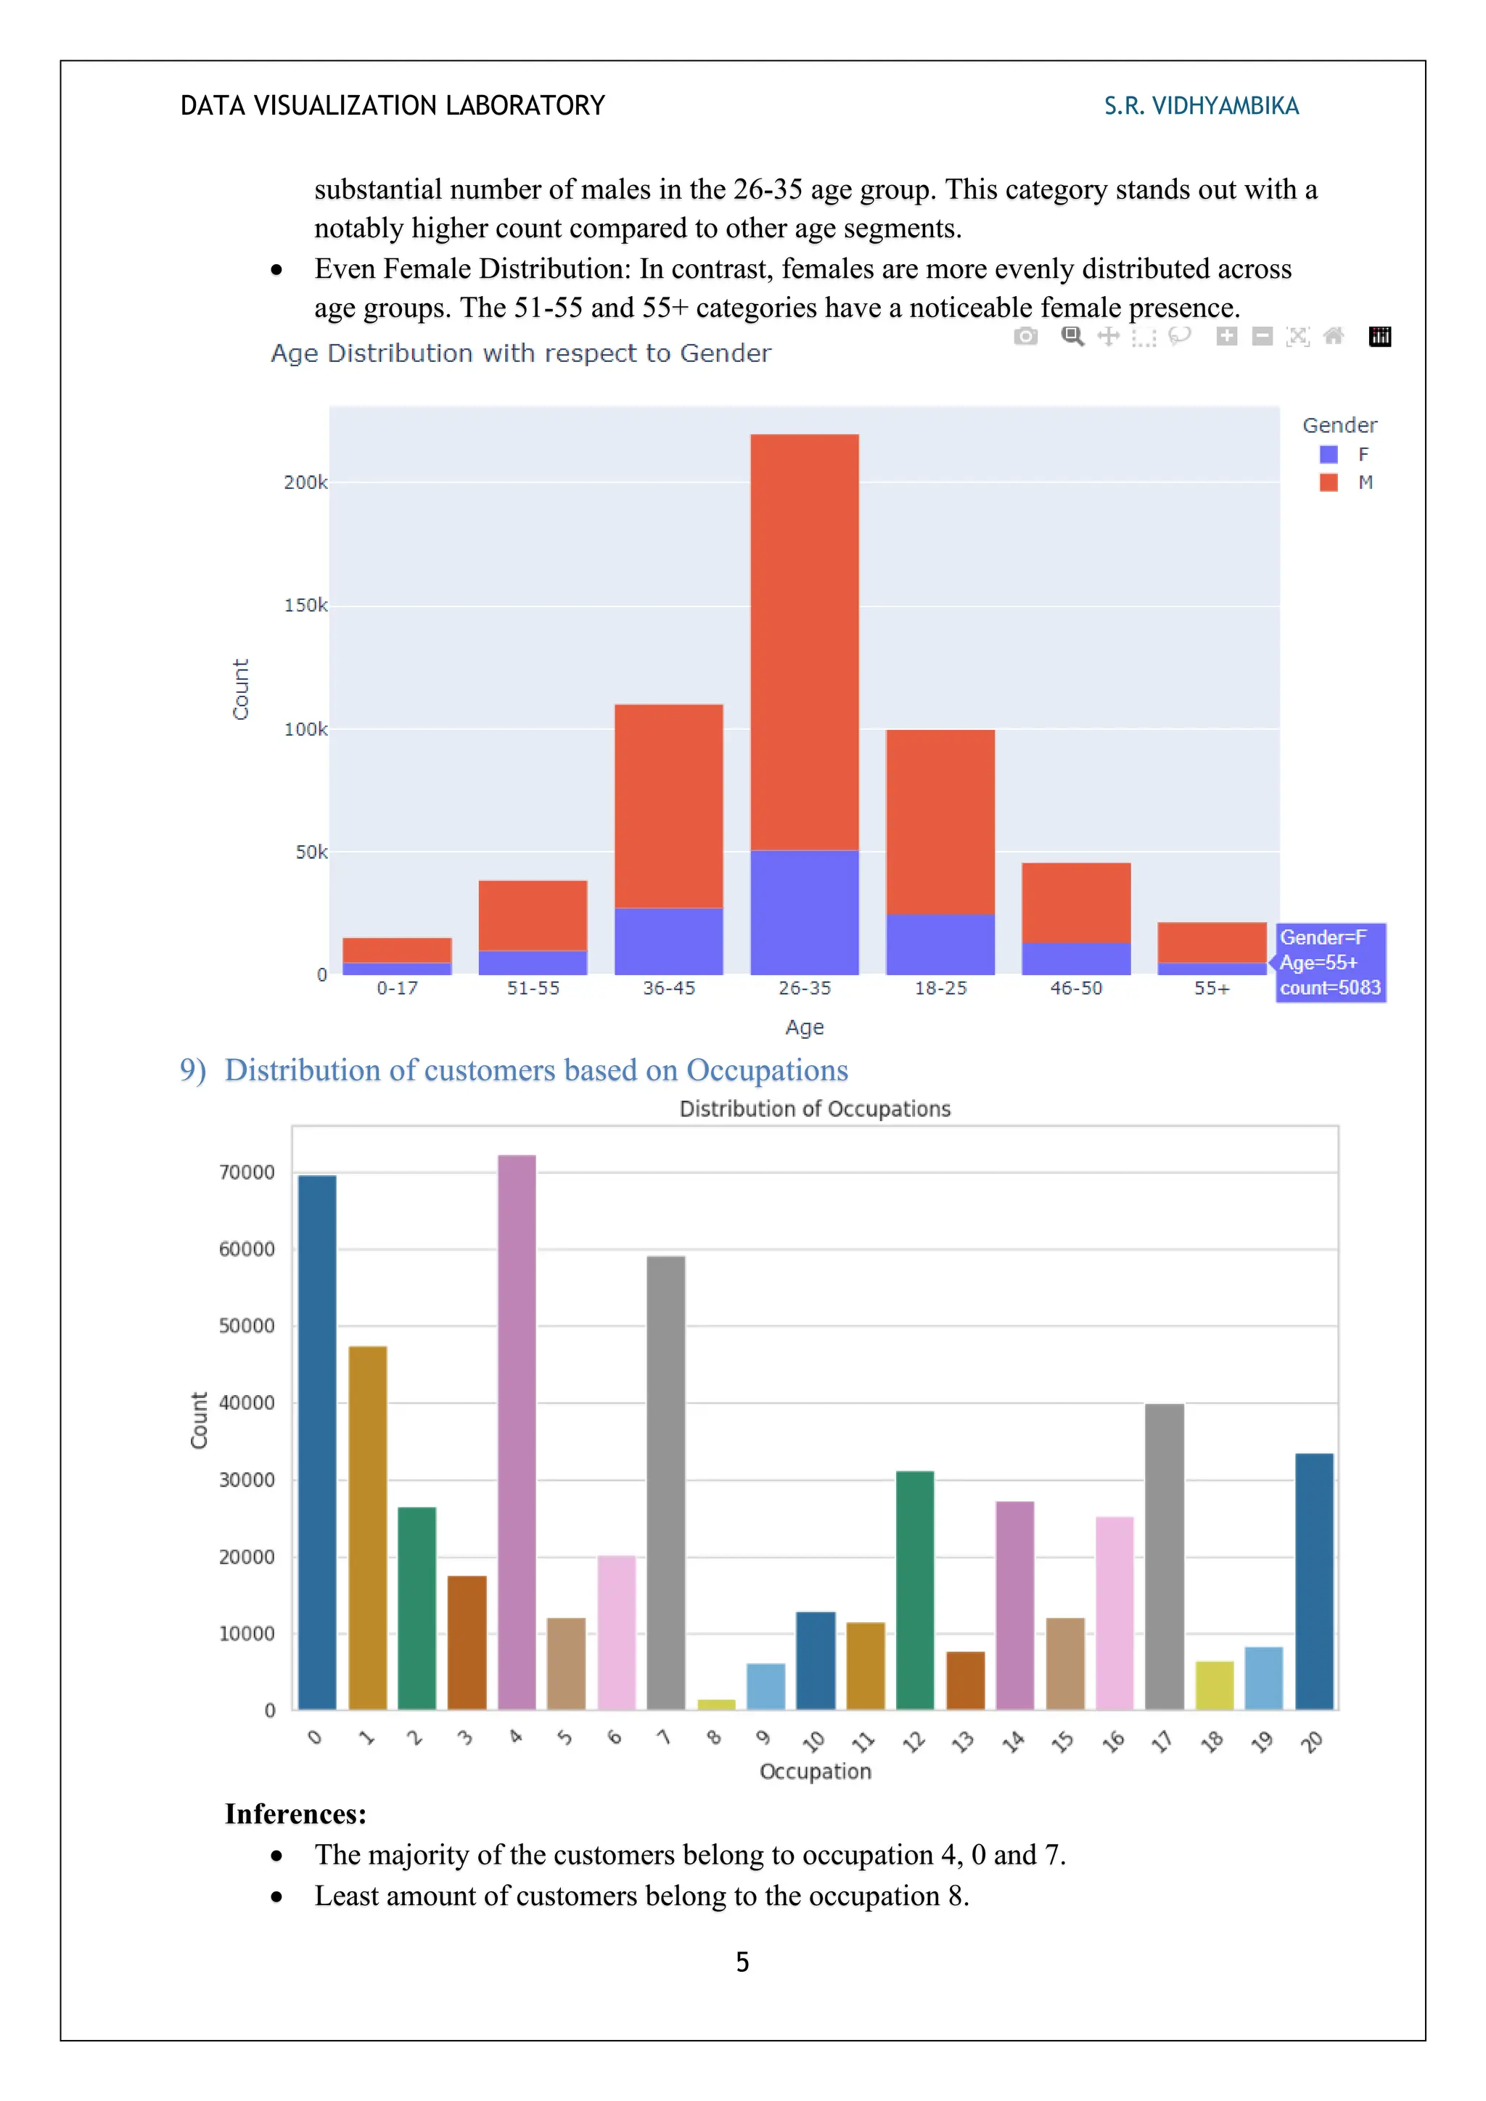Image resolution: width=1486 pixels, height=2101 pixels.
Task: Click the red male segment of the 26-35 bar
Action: [x=804, y=641]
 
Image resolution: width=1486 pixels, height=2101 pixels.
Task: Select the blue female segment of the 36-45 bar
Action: [x=669, y=941]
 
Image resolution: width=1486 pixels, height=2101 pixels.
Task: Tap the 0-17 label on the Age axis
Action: [x=397, y=988]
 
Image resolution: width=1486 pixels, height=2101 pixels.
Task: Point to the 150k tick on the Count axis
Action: [x=305, y=606]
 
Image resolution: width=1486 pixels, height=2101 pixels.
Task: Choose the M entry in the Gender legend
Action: [x=1363, y=482]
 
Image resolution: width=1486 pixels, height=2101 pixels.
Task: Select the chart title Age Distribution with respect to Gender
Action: [x=521, y=353]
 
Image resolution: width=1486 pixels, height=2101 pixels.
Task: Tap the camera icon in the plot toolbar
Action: [x=1026, y=337]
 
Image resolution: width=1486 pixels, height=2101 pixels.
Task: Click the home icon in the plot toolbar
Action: [x=1333, y=337]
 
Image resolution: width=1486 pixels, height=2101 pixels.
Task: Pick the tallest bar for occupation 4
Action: [x=517, y=1432]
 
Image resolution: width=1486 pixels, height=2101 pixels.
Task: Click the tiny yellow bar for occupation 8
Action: [x=715, y=1704]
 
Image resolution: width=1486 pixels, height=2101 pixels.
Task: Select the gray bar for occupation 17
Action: [x=1164, y=1555]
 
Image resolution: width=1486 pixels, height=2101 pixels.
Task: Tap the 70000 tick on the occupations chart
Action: [x=246, y=1173]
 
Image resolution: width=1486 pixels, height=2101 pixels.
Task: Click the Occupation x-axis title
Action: [x=816, y=1772]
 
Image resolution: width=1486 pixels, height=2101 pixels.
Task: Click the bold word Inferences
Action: [x=295, y=1814]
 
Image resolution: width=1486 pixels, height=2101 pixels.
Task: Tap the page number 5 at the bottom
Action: [x=742, y=1962]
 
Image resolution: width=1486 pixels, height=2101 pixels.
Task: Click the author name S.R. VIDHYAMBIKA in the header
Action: [x=1201, y=106]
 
